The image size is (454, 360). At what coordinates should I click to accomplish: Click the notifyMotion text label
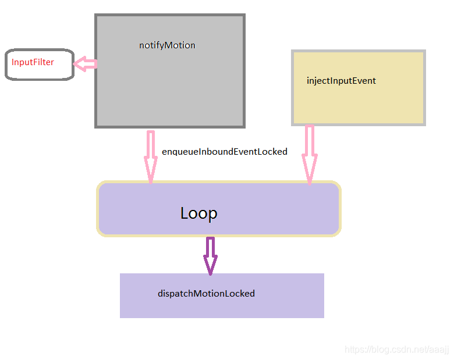click(x=167, y=45)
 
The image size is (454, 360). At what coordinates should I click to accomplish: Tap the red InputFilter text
click(x=33, y=62)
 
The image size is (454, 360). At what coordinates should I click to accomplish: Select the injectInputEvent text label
click(x=341, y=81)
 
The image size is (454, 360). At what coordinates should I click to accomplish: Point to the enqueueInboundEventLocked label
click(x=224, y=152)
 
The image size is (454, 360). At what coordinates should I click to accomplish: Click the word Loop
click(x=198, y=213)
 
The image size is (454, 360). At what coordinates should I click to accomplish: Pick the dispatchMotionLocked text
click(x=206, y=294)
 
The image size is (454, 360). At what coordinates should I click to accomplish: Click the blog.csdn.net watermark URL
click(x=396, y=350)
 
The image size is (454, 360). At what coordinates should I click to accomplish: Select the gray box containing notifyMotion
click(x=169, y=87)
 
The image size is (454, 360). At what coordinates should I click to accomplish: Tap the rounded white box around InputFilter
click(x=40, y=73)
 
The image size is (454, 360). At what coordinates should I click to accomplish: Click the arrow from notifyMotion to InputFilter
click(x=86, y=64)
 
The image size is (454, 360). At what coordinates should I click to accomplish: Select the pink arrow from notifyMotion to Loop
click(x=151, y=154)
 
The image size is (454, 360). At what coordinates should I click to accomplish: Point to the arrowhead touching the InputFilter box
click(x=80, y=64)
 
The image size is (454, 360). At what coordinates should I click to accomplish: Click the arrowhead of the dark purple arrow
click(x=210, y=266)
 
